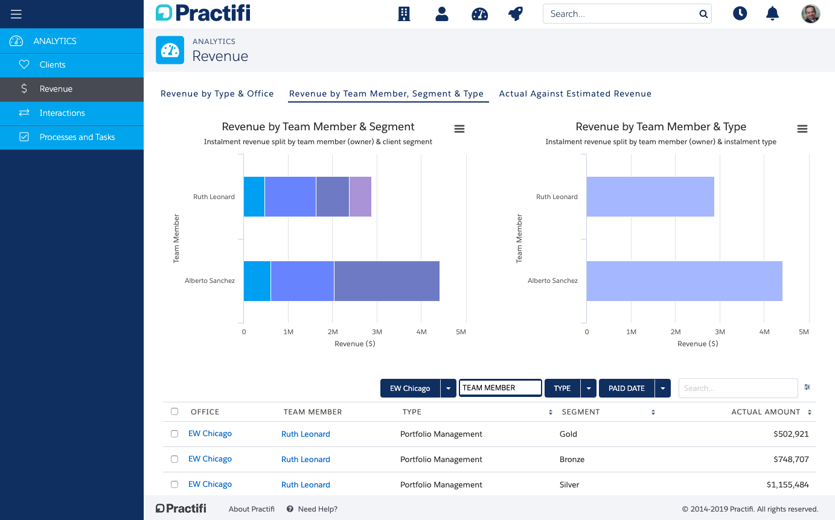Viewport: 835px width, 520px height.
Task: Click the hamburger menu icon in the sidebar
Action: click(x=16, y=14)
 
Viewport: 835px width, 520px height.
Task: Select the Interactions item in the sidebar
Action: click(x=62, y=113)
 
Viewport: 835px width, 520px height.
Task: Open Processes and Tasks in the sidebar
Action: click(x=77, y=137)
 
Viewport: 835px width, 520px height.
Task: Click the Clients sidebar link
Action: click(x=52, y=65)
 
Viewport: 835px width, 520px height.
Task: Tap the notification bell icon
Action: click(x=772, y=14)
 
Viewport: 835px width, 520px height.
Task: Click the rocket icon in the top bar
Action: click(x=515, y=14)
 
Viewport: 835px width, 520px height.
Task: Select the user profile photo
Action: click(x=810, y=14)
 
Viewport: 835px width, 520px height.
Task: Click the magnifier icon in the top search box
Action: click(x=703, y=14)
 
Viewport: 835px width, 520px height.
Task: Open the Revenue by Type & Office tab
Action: click(x=217, y=94)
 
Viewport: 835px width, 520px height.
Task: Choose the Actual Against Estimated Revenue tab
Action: click(x=575, y=94)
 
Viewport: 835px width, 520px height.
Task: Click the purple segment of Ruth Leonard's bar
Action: click(x=360, y=197)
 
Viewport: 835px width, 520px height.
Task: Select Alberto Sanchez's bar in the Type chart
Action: click(x=684, y=281)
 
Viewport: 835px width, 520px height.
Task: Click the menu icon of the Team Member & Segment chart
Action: click(x=459, y=128)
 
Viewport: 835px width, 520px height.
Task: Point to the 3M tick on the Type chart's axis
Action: click(x=720, y=332)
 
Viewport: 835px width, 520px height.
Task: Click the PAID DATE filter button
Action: click(x=627, y=388)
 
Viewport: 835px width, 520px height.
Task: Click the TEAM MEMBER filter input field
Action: click(x=500, y=388)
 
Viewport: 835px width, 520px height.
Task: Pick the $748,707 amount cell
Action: click(x=790, y=459)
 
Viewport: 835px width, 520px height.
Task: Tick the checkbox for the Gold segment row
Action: click(x=174, y=434)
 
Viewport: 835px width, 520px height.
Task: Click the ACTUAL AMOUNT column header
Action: click(x=766, y=412)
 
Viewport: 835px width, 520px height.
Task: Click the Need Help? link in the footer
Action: click(x=318, y=509)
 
